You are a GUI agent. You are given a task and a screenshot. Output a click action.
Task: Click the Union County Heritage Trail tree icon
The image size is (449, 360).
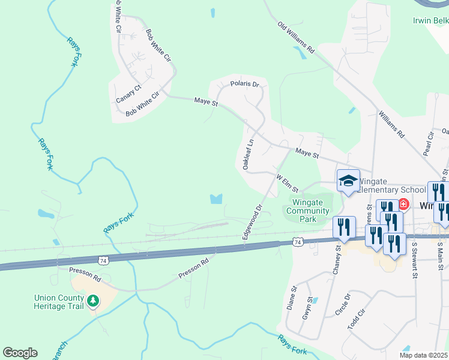[92, 301]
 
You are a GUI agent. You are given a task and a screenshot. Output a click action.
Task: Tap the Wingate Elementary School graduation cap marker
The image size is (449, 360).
[348, 181]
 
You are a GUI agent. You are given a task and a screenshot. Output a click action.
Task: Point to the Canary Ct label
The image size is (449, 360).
[128, 93]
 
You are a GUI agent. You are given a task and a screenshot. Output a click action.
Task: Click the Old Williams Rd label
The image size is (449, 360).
[296, 38]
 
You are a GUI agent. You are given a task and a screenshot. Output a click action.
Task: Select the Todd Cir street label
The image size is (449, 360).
[357, 319]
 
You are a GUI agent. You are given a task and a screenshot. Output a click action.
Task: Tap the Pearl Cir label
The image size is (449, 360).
[429, 145]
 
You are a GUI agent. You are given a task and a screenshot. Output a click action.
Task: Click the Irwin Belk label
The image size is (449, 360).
[430, 20]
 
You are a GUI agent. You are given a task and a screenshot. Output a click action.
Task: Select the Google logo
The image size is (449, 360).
[20, 353]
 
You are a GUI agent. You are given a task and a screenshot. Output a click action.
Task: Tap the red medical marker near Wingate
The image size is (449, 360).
[403, 205]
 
